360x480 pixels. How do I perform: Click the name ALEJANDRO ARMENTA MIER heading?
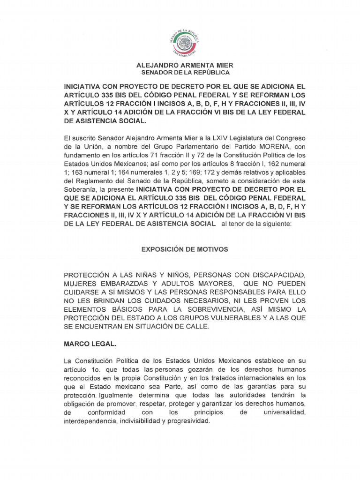tap(184, 66)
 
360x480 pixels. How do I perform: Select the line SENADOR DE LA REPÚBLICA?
tap(186, 73)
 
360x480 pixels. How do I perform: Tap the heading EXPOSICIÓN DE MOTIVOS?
tap(185, 249)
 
